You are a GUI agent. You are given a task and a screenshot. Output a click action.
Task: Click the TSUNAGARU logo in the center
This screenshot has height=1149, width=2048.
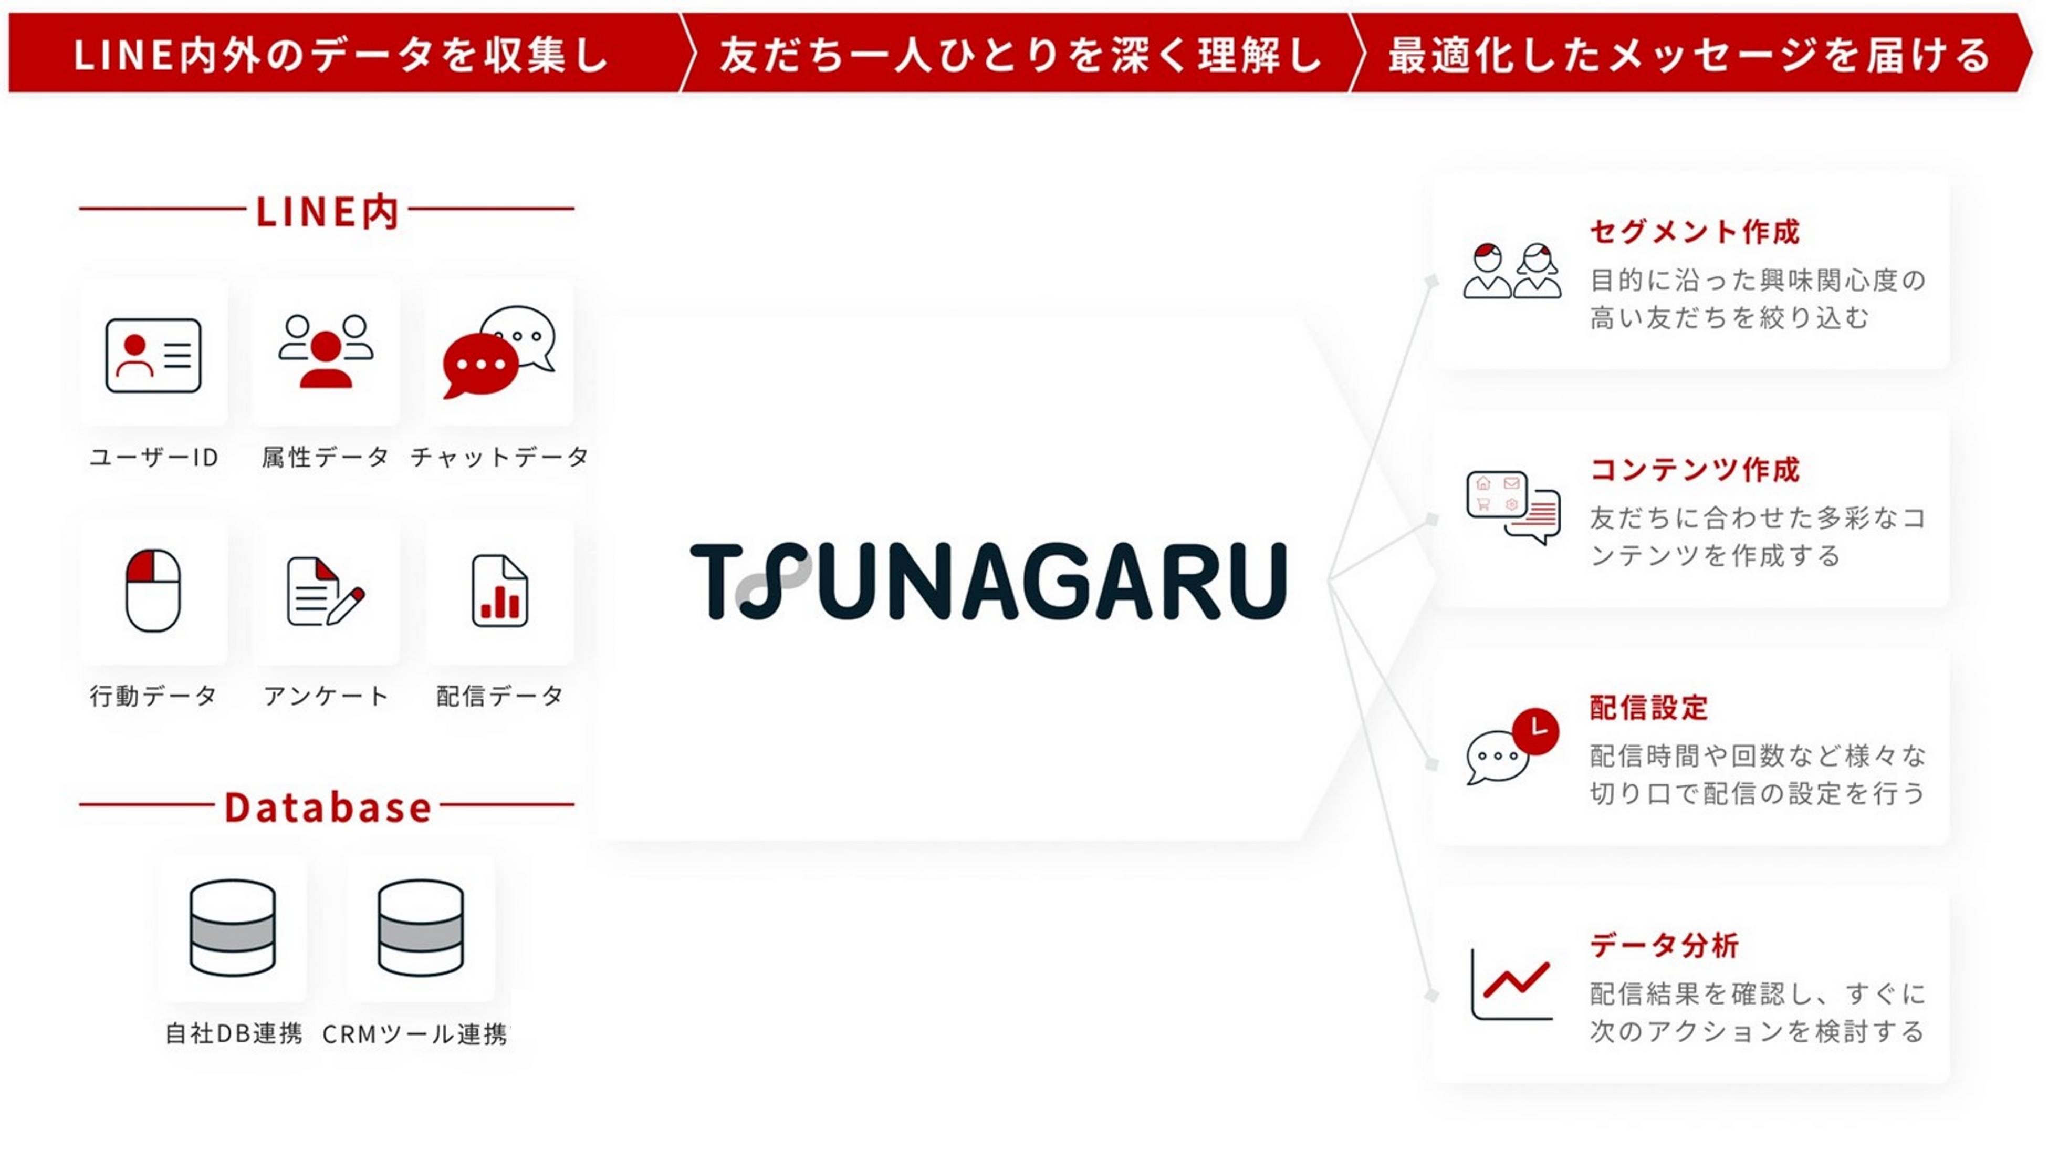(988, 581)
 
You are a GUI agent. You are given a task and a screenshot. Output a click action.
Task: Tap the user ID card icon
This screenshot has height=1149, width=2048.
(153, 356)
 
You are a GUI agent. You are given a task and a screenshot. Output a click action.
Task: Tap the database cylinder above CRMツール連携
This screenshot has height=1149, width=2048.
(421, 927)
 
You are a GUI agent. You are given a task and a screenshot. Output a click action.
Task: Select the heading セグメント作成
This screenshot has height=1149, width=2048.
(1694, 232)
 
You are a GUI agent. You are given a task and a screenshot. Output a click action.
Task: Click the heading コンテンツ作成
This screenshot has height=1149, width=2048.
(1694, 470)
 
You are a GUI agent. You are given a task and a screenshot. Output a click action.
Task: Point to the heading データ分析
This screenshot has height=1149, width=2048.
(1664, 946)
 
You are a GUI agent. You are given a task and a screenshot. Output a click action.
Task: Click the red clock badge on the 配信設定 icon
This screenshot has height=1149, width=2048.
(1535, 730)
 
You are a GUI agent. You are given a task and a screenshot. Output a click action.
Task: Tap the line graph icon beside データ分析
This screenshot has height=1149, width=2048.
(1511, 985)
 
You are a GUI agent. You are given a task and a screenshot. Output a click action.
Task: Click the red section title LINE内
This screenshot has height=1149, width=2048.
(327, 212)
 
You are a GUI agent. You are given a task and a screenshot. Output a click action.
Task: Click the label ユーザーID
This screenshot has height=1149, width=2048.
(153, 457)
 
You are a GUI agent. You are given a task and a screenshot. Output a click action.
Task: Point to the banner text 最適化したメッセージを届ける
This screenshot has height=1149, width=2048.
(1689, 55)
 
